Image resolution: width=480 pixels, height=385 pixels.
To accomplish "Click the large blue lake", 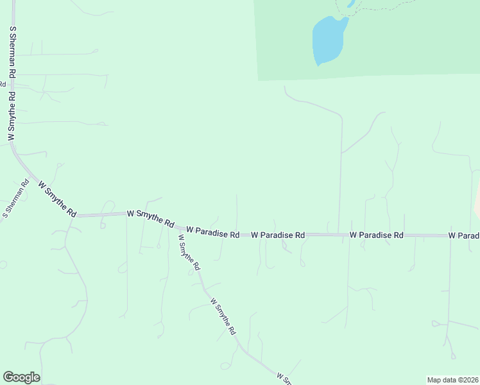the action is click(328, 40).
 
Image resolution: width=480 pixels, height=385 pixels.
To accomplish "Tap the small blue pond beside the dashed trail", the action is click(351, 4).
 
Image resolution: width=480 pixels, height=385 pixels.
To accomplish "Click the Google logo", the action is click(21, 377).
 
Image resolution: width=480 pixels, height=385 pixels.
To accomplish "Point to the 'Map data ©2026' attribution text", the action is click(452, 380).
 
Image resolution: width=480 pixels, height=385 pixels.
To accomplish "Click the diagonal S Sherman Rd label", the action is click(16, 198).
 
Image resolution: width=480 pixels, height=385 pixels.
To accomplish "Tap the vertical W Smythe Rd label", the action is click(11, 116).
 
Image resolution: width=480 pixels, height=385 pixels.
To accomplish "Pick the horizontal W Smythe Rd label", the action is click(151, 219).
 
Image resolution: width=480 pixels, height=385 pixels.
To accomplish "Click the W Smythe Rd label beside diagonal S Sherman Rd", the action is click(58, 198).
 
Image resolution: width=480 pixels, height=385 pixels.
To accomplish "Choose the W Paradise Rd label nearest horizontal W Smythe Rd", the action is click(213, 232).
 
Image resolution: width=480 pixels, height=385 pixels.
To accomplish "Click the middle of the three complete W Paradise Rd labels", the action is click(277, 235).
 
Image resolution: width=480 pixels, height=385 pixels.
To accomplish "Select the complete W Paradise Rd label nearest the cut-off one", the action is click(376, 235).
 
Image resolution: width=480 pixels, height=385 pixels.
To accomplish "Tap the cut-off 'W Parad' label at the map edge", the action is click(464, 236).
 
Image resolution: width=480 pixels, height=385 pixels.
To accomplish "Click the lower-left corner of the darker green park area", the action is click(258, 80).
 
